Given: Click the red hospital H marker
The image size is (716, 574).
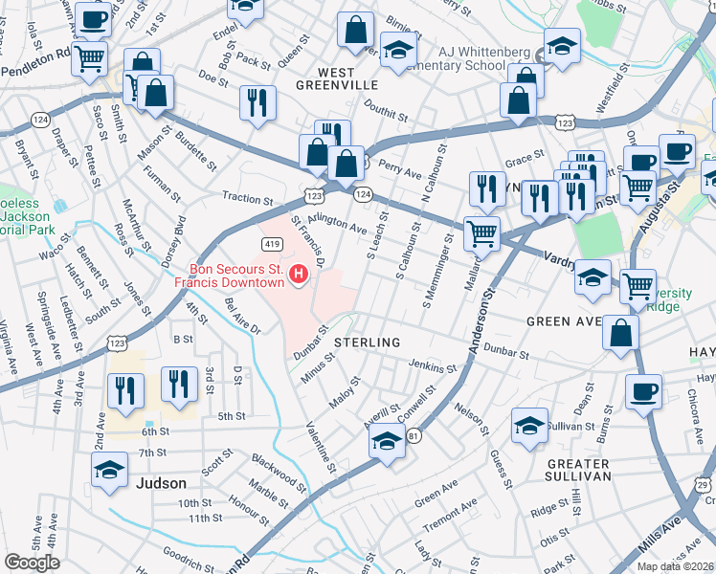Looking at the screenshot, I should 299,276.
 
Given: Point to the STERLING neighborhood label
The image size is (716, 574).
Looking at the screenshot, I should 367,342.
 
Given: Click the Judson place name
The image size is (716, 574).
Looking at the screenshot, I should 161,483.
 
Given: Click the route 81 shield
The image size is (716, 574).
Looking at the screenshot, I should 414,437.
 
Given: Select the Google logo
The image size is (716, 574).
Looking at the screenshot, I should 32,563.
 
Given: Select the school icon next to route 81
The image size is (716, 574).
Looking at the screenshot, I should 387,442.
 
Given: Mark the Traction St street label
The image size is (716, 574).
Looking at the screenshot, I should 248,199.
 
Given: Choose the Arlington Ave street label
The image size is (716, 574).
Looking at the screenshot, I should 338,224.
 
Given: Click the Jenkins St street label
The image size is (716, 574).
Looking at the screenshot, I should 433,365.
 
